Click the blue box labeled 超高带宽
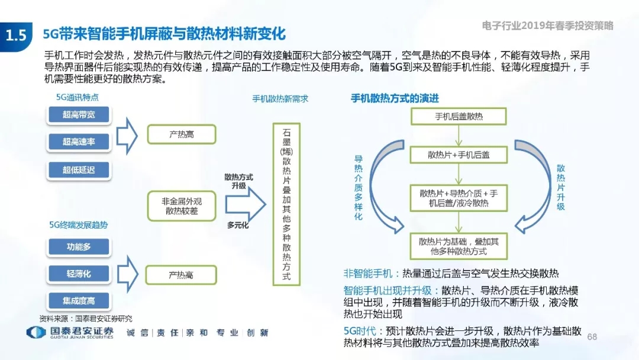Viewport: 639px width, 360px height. [x=79, y=114]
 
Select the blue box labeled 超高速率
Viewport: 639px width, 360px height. [x=79, y=142]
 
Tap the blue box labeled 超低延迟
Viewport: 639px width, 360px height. [x=79, y=169]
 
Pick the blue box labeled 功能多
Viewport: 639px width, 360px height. [x=79, y=247]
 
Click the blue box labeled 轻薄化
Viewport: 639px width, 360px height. [x=79, y=274]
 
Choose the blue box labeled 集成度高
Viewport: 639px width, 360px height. [x=79, y=301]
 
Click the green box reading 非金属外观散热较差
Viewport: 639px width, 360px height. [x=182, y=206]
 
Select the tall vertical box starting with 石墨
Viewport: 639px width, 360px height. [x=286, y=204]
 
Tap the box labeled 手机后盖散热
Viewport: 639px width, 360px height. [x=459, y=117]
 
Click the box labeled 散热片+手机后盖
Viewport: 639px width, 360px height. [x=459, y=155]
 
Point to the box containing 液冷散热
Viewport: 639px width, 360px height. [x=459, y=198]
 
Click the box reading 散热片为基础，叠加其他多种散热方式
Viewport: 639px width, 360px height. [x=459, y=246]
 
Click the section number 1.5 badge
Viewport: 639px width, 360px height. [x=17, y=36]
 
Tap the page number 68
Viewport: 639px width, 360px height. [x=592, y=337]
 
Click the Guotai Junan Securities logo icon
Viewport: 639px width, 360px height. [x=36, y=333]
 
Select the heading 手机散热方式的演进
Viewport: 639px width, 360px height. [x=395, y=98]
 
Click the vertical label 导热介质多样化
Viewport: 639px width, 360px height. [x=358, y=188]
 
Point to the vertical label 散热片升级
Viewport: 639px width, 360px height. [x=561, y=188]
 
